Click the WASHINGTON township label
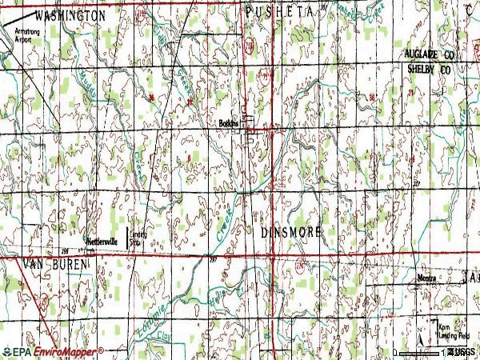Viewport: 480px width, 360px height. click(x=68, y=15)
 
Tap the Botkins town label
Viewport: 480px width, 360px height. click(x=230, y=123)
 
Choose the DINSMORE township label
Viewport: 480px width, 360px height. click(x=291, y=231)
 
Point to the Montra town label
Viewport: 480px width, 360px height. click(x=425, y=278)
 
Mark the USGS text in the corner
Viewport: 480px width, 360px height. click(x=462, y=352)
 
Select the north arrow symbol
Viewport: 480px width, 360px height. click(x=421, y=327)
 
